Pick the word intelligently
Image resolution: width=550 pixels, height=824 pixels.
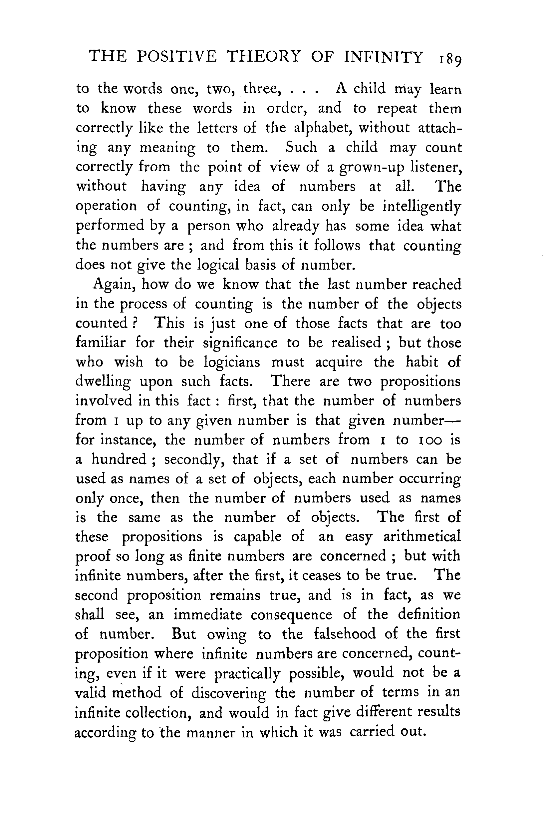tap(421, 206)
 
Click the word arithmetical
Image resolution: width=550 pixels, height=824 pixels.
tap(421, 537)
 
